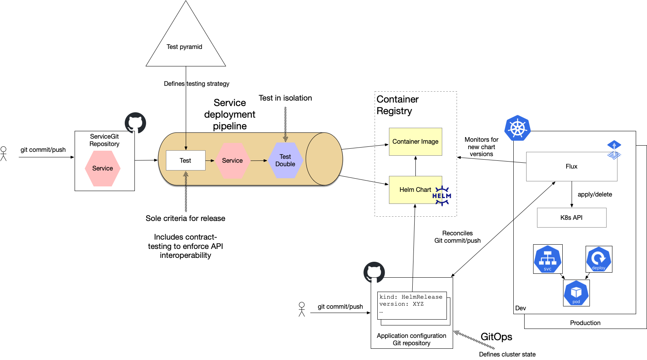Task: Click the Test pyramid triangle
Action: pyautogui.click(x=185, y=43)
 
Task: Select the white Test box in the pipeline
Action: pyautogui.click(x=185, y=160)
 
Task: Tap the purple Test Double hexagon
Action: pyautogui.click(x=285, y=160)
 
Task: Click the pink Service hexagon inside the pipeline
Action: pyautogui.click(x=232, y=160)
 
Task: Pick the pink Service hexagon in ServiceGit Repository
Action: pyautogui.click(x=103, y=168)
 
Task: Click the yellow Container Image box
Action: pyautogui.click(x=415, y=142)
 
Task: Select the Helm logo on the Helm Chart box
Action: pyautogui.click(x=442, y=195)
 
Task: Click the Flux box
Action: pyautogui.click(x=571, y=166)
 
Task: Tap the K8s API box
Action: pyautogui.click(x=571, y=217)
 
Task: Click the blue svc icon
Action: pyautogui.click(x=548, y=259)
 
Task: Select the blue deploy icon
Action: pyautogui.click(x=598, y=259)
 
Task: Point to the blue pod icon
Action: pyautogui.click(x=576, y=293)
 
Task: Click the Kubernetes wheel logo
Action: pyautogui.click(x=517, y=128)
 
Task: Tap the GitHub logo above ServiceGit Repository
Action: pyautogui.click(x=135, y=123)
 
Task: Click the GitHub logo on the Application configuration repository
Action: pyautogui.click(x=374, y=272)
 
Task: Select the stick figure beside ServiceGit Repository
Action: pyautogui.click(x=3, y=153)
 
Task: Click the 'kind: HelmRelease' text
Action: pyautogui.click(x=411, y=297)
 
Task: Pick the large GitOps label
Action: pyautogui.click(x=496, y=337)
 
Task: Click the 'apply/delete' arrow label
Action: pyautogui.click(x=595, y=195)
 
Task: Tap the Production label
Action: pyautogui.click(x=585, y=323)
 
